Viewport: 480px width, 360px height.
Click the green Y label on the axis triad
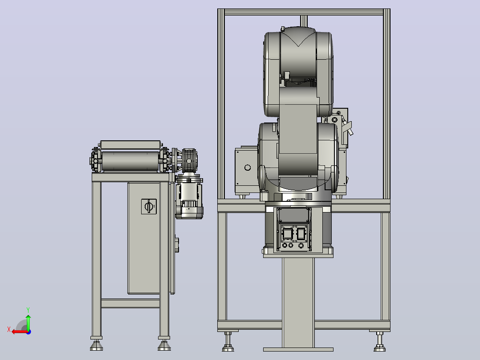click(28, 310)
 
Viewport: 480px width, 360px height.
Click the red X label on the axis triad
click(9, 329)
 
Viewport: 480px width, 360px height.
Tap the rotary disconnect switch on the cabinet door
click(149, 206)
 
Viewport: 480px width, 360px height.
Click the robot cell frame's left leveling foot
click(228, 342)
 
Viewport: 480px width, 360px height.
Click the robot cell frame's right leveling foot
click(379, 342)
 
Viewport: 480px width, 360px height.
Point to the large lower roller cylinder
click(130, 161)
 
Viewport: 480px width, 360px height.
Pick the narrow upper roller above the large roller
click(130, 145)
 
